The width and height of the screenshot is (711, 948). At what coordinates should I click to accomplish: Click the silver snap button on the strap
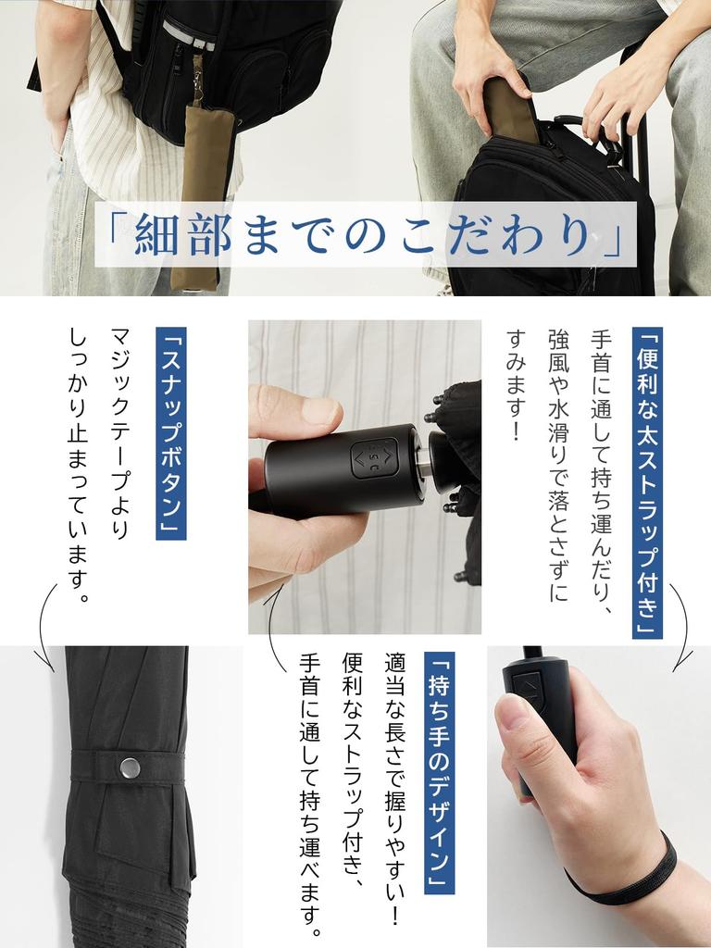pyautogui.click(x=130, y=767)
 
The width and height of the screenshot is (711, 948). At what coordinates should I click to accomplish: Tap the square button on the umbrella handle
pyautogui.click(x=375, y=459)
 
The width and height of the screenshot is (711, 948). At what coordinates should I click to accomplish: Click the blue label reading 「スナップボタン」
pyautogui.click(x=171, y=433)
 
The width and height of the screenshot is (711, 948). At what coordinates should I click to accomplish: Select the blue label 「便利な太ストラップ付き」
pyautogui.click(x=647, y=482)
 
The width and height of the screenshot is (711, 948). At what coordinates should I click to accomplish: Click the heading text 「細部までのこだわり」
pyautogui.click(x=365, y=234)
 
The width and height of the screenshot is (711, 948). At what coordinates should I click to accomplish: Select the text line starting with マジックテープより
pyautogui.click(x=119, y=433)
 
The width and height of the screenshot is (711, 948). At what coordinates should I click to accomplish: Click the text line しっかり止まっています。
pyautogui.click(x=79, y=466)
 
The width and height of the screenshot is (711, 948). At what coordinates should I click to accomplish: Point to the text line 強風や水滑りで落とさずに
pyautogui.click(x=558, y=466)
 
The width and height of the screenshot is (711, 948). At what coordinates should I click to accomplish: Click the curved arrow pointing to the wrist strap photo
pyautogui.click(x=683, y=629)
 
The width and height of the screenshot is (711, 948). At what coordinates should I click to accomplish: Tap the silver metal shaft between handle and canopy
pyautogui.click(x=423, y=461)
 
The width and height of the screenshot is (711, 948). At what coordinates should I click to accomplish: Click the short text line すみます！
pyautogui.click(x=516, y=385)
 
